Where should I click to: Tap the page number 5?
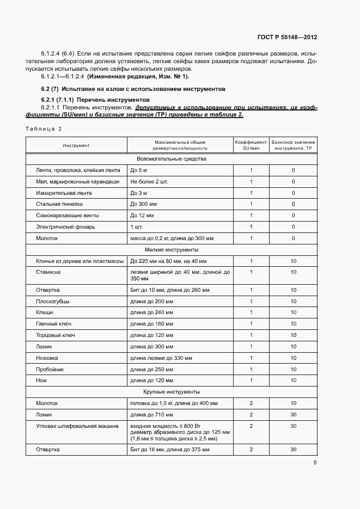click(x=315, y=463)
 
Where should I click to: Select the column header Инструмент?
click(x=76, y=145)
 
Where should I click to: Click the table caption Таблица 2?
click(x=44, y=128)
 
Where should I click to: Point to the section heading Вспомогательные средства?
click(x=172, y=159)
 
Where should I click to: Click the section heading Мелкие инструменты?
click(x=172, y=249)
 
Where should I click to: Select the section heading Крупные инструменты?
click(x=172, y=392)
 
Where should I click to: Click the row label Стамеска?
click(x=48, y=272)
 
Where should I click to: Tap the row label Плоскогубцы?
click(x=53, y=301)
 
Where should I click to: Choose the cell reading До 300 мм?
click(x=144, y=204)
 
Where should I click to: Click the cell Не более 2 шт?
click(x=149, y=181)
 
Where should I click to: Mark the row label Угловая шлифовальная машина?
click(x=77, y=426)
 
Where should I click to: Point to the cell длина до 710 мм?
click(x=151, y=415)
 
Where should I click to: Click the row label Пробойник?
click(x=50, y=370)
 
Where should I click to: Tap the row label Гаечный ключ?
click(x=54, y=324)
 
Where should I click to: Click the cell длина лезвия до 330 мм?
click(x=161, y=358)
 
